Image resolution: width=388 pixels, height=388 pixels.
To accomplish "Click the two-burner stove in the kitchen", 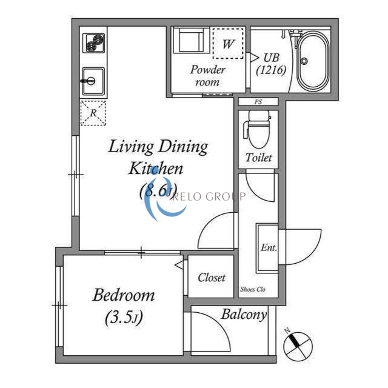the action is click(93, 43).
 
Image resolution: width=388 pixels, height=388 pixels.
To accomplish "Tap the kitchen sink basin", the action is click(93, 81).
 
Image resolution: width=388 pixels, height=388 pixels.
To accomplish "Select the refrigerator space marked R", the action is click(93, 113).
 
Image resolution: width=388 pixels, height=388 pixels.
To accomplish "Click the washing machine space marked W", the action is click(228, 44).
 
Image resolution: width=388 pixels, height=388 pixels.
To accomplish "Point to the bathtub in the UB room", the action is click(313, 61).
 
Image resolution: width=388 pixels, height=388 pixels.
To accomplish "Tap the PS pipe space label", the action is click(258, 102).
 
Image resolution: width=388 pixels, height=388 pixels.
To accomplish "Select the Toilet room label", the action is click(259, 158).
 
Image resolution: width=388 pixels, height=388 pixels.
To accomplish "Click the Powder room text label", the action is click(207, 75).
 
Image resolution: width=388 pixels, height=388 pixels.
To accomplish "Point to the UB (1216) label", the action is click(271, 64).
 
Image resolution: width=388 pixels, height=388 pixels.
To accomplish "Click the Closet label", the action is click(212, 278).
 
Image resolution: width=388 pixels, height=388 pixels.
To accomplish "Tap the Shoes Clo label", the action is click(253, 289).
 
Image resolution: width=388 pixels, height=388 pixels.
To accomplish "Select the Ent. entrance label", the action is click(269, 247).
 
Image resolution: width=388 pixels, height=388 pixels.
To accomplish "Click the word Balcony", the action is click(244, 315).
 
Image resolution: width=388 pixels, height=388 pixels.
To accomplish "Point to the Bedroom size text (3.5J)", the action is click(124, 317).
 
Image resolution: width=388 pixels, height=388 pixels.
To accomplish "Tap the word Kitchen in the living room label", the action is click(156, 169).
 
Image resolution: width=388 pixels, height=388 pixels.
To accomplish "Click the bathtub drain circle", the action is click(304, 61).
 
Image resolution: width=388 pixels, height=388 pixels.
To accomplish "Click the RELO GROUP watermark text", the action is click(209, 196).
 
